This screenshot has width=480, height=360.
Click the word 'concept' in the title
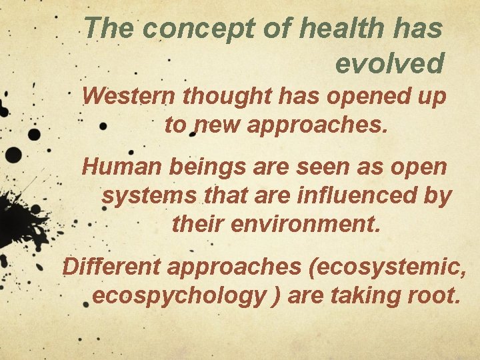182,29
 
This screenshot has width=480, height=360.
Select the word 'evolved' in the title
389,63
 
